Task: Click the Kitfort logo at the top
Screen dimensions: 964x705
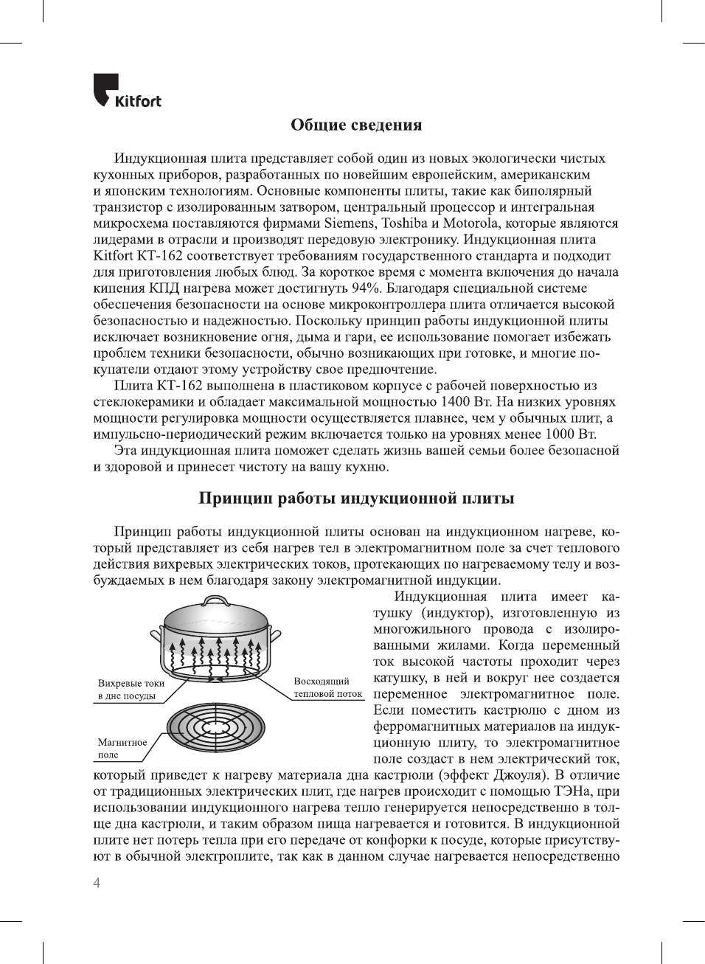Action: pos(127,91)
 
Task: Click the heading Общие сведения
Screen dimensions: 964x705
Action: pos(356,125)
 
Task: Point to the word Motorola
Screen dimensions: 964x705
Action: pos(471,223)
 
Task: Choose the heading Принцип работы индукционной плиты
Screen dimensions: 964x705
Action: pos(356,499)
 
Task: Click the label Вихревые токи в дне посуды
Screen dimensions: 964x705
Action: pos(131,690)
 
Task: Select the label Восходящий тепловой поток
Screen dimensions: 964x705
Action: pos(327,687)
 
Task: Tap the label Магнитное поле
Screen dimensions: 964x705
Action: pos(122,748)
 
